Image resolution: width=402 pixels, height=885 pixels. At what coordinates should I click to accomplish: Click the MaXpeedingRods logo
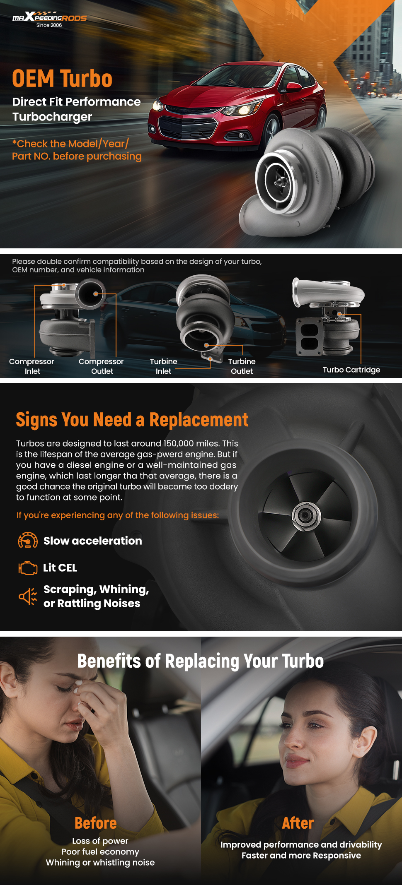tap(49, 17)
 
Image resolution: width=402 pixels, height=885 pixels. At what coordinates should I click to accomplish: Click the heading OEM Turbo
tap(62, 79)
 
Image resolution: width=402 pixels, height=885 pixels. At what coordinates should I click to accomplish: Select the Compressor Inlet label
tap(31, 366)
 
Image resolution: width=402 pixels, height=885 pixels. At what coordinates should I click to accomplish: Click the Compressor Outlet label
tap(102, 366)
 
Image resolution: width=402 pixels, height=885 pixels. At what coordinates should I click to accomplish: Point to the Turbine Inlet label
tap(163, 366)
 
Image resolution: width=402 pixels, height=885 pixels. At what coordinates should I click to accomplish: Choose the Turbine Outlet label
tap(242, 366)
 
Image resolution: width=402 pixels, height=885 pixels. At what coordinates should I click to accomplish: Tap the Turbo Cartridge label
tap(351, 370)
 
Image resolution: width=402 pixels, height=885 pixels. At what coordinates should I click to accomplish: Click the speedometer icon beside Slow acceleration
tap(28, 541)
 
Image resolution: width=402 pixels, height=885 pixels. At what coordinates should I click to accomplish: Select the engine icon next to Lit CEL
tap(28, 568)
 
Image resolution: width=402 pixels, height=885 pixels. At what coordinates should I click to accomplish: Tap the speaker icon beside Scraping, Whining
tap(28, 596)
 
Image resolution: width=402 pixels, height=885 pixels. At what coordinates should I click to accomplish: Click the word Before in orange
tap(96, 823)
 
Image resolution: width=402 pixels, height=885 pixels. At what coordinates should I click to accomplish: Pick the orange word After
tap(298, 823)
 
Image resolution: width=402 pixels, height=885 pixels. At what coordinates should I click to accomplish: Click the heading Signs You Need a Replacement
tap(132, 420)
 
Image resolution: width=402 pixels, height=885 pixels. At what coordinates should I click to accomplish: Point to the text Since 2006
tap(49, 25)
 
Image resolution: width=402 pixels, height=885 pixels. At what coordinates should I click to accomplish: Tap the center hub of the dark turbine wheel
tap(306, 515)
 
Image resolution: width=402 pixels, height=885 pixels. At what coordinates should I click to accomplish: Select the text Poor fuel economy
tap(100, 852)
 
